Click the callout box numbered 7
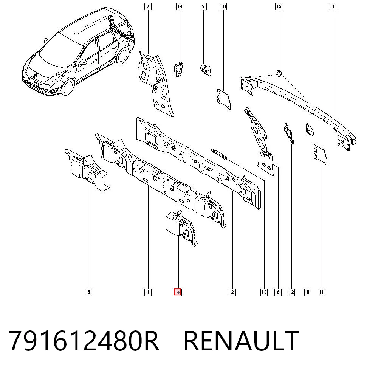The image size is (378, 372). click(148, 6)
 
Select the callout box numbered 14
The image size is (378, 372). click(180, 6)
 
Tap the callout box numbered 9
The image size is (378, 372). click(203, 6)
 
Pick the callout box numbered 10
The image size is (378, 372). click(223, 6)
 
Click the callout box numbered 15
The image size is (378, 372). click(279, 6)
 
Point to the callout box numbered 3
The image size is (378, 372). click(332, 6)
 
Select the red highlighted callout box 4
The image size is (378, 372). click(178, 292)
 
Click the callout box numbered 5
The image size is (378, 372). click(89, 292)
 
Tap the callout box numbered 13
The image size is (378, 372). click(264, 292)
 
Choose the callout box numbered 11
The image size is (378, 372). click(321, 292)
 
